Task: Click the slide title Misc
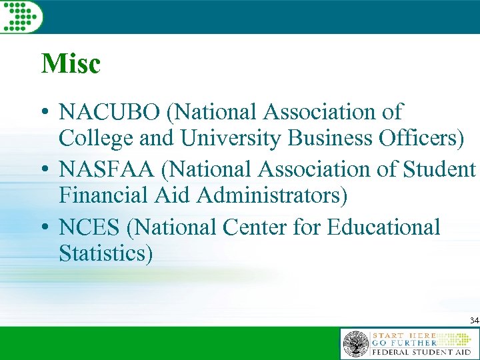tap(70, 64)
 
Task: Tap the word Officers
tap(419, 138)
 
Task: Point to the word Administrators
tap(271, 196)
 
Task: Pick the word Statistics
tap(105, 254)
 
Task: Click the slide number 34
tap(473, 321)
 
